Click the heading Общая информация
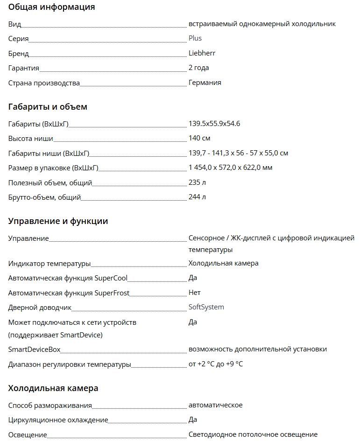51,7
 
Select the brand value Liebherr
202,53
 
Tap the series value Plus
195,38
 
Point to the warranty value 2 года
198,68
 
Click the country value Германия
205,83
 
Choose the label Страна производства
44,83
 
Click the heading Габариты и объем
48,107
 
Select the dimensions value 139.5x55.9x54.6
214,124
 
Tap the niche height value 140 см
199,138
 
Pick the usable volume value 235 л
197,182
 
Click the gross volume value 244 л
197,197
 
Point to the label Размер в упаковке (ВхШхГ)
53,168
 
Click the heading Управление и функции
58,221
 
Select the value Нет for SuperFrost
194,293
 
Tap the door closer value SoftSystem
206,307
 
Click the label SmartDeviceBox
34,350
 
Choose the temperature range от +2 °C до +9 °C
215,364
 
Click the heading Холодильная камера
53,388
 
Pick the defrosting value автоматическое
215,405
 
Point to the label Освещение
28,435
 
